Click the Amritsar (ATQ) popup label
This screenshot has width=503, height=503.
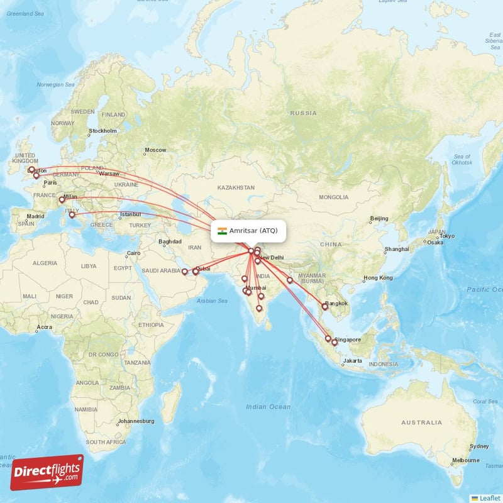[253, 231]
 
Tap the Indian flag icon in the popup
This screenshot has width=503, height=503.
[222, 231]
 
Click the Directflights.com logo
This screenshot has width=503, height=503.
[47, 472]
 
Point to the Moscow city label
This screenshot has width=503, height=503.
[155, 150]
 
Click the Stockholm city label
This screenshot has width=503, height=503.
[102, 131]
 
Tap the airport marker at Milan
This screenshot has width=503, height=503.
[62, 200]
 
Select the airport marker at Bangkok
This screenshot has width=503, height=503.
[325, 306]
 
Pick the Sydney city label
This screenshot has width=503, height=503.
[478, 446]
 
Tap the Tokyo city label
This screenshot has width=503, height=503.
[447, 236]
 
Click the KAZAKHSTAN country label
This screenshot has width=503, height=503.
[236, 187]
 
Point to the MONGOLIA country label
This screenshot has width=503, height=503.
[333, 197]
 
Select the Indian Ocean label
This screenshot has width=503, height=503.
[268, 407]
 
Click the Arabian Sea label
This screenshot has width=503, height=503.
[213, 301]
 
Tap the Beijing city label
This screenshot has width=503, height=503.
[379, 218]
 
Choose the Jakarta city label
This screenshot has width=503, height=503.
[352, 361]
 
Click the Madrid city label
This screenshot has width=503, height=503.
[35, 216]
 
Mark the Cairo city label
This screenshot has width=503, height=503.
[133, 253]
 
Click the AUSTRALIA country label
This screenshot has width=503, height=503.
[421, 422]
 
